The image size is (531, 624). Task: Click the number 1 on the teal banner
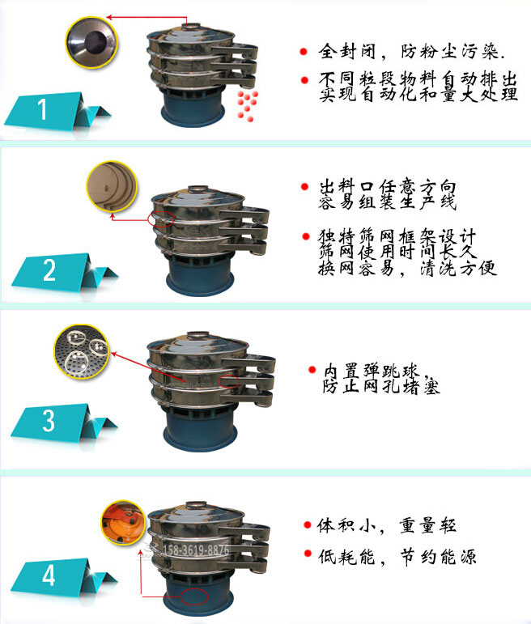[x=43, y=109]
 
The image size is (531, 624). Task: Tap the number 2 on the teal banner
[x=49, y=270]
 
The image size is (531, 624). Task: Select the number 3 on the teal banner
[x=49, y=422]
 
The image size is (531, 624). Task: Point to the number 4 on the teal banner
[x=49, y=576]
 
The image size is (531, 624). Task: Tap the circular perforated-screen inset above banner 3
[x=81, y=350]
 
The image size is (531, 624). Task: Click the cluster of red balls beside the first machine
[x=245, y=105]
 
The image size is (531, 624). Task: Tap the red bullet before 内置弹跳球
[x=312, y=370]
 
